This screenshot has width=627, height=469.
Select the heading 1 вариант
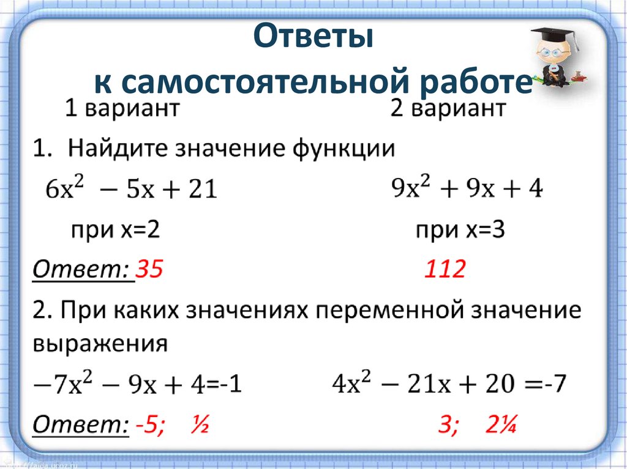[122, 109]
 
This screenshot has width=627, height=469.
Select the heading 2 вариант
[448, 109]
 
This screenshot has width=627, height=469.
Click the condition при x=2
[116, 231]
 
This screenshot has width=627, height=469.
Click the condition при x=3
[460, 231]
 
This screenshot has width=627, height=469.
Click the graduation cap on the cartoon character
[554, 34]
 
